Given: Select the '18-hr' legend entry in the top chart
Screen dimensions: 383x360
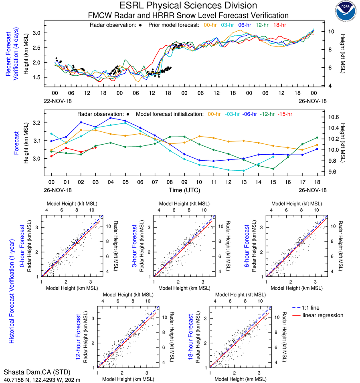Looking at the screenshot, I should click(279, 25).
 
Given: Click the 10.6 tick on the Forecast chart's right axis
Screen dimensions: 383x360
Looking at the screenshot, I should click(334, 117).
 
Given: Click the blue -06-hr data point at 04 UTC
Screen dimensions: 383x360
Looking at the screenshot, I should click(111, 118).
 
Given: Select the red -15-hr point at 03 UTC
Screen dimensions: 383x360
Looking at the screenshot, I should click(96, 148).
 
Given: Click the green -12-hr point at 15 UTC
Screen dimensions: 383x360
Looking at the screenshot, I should click(273, 169).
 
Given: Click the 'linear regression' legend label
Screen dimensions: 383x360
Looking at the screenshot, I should click(323, 315).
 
